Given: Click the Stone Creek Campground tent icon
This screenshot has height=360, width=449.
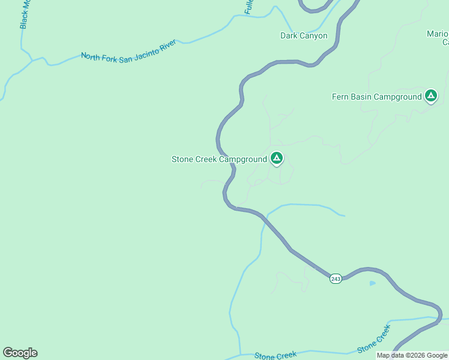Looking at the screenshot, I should [x=276, y=158].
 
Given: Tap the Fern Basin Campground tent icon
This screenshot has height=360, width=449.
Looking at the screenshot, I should [x=430, y=95].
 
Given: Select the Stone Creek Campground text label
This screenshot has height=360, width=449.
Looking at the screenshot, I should [x=219, y=160].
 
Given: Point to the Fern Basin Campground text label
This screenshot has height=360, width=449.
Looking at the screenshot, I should [x=377, y=97].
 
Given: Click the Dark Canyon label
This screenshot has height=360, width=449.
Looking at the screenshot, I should [x=304, y=36].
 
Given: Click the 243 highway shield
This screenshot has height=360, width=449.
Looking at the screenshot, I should [x=336, y=279].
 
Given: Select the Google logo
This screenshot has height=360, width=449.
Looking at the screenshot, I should [x=20, y=353].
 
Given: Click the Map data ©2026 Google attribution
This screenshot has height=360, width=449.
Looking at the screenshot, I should [x=412, y=356].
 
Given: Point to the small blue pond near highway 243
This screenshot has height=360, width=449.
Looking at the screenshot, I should [x=373, y=283].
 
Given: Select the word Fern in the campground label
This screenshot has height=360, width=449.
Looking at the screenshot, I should [x=340, y=97].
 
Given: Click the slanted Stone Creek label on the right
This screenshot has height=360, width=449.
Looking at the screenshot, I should [x=373, y=339].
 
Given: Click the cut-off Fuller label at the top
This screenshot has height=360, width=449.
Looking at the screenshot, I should [x=249, y=7].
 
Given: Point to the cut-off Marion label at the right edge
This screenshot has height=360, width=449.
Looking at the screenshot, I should [x=438, y=37].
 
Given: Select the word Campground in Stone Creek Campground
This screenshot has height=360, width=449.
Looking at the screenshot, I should [x=243, y=160].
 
